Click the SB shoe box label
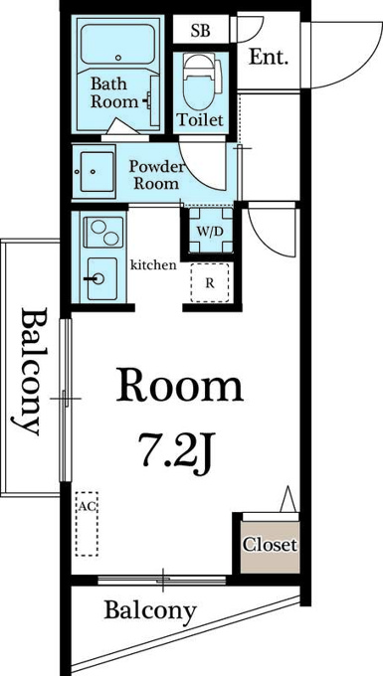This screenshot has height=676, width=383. coord(201,31)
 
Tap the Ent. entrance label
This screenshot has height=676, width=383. coord(269,58)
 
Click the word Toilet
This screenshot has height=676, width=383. coord(201,119)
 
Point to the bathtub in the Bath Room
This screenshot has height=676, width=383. coord(117,45)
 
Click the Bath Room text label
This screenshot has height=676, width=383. coord(113,92)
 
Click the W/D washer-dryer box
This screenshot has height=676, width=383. coord(211,231)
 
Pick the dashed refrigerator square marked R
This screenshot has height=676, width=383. coord(210,282)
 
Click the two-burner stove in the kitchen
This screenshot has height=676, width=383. coord(102,233)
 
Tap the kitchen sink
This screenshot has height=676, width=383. coord(101,279)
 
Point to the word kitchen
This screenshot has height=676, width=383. coord(153,264)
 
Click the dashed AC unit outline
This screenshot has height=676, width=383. coord(87,524)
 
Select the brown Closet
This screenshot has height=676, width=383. coord(270,548)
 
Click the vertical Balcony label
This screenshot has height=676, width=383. coord(33,371)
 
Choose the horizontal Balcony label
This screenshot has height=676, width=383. coord(150,612)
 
